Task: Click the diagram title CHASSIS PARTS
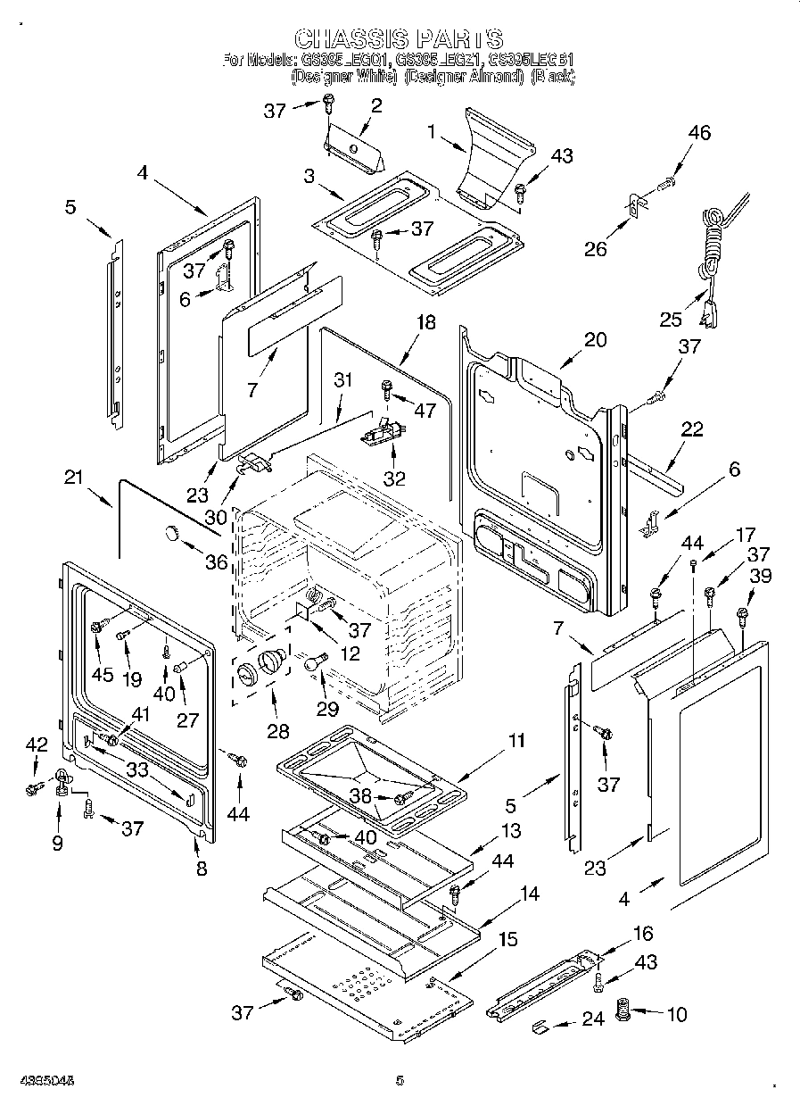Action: [x=399, y=39]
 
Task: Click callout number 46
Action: [x=699, y=134]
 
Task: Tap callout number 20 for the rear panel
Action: [x=595, y=339]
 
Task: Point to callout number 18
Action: [x=426, y=322]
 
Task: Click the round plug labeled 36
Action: [x=169, y=534]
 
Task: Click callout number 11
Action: [x=516, y=740]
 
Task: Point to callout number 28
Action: [x=278, y=732]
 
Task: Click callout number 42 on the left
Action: [x=36, y=743]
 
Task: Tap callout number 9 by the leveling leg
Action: [x=58, y=841]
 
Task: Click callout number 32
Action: [x=394, y=478]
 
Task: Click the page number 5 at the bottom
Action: [x=400, y=1081]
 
